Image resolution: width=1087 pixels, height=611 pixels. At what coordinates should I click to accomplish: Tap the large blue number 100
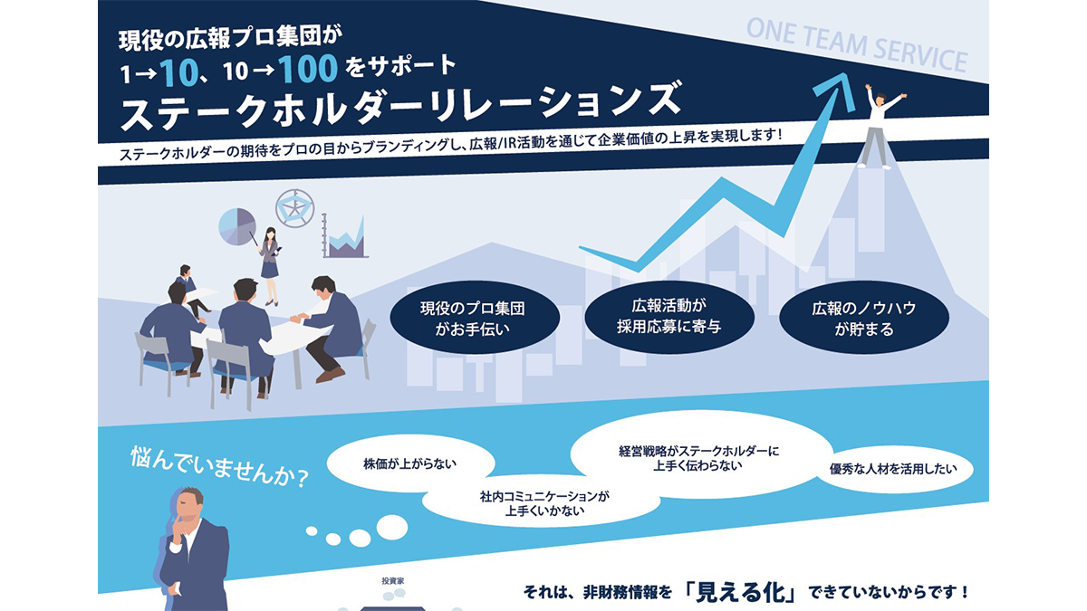tap(308, 69)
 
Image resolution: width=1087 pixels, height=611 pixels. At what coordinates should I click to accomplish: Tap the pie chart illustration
tap(237, 227)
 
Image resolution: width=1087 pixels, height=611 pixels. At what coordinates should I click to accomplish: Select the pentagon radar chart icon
tap(294, 208)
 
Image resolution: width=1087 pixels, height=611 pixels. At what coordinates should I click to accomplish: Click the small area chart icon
tap(345, 236)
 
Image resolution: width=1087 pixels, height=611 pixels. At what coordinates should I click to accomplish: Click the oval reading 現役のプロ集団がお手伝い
tap(475, 318)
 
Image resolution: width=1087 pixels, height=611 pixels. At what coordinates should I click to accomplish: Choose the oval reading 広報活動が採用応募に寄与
tap(669, 317)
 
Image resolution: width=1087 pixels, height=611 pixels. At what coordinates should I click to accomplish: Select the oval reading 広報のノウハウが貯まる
tap(864, 318)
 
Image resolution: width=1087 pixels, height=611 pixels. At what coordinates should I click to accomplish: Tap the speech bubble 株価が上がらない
tap(410, 464)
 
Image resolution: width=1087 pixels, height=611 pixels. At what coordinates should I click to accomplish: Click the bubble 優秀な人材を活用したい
tap(893, 469)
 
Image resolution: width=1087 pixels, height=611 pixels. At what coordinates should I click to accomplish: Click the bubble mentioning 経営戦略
tap(698, 458)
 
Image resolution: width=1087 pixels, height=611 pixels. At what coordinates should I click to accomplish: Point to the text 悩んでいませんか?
tap(219, 467)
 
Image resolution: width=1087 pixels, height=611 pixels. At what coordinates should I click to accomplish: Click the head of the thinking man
tap(188, 508)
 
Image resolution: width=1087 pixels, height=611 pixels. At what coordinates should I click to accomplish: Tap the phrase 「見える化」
tap(741, 592)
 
